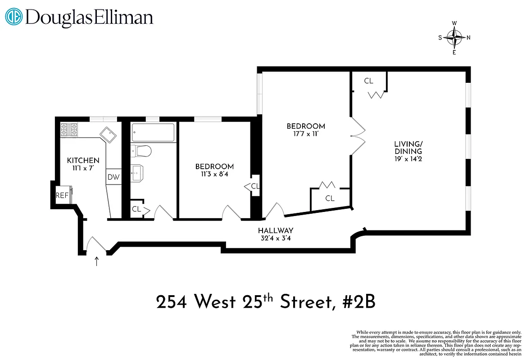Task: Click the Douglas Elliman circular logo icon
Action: pos(14,18)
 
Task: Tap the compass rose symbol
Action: pos(456,38)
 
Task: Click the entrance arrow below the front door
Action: pos(97,261)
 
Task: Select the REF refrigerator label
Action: pos(62,195)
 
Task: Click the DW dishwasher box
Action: pos(113,177)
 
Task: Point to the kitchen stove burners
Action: pos(69,130)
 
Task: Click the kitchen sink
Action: pos(108,135)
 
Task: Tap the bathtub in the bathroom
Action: pos(153,133)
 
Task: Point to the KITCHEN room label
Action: pos(83,161)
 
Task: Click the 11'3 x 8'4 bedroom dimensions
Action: pos(214,174)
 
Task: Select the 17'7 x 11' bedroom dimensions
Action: pos(306,134)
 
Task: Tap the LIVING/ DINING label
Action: pos(409,148)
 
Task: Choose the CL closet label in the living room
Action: pos(369,81)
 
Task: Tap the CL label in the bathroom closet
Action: pos(136,209)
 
